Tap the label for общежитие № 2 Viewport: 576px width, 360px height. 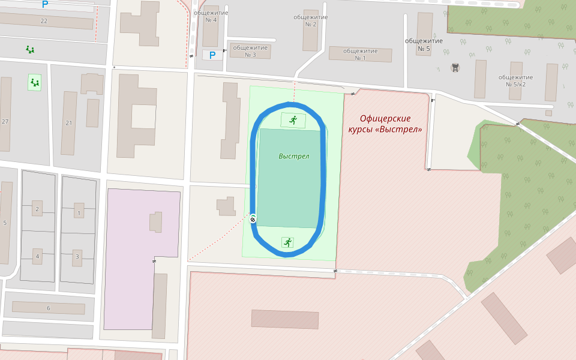(310, 20)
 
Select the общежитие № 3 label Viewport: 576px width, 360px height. (250, 51)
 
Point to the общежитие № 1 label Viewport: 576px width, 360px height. (360, 54)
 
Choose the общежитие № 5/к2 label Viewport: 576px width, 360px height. (515, 80)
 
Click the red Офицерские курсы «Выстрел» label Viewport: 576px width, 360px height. (385, 124)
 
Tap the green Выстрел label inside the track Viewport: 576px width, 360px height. (294, 156)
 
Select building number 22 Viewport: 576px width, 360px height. (43, 21)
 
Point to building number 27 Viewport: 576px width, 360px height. (5, 122)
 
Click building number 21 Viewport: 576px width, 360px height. (68, 123)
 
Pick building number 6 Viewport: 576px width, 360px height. (48, 308)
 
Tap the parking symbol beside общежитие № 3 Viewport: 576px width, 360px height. (212, 55)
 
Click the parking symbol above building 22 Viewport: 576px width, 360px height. (45, 4)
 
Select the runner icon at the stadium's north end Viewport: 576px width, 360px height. (293, 120)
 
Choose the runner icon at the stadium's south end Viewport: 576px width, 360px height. (288, 242)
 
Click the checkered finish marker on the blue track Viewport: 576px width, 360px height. (253, 220)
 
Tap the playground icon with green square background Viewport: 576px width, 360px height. (35, 82)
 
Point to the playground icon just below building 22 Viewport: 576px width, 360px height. (30, 49)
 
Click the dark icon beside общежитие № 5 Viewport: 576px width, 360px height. (455, 67)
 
